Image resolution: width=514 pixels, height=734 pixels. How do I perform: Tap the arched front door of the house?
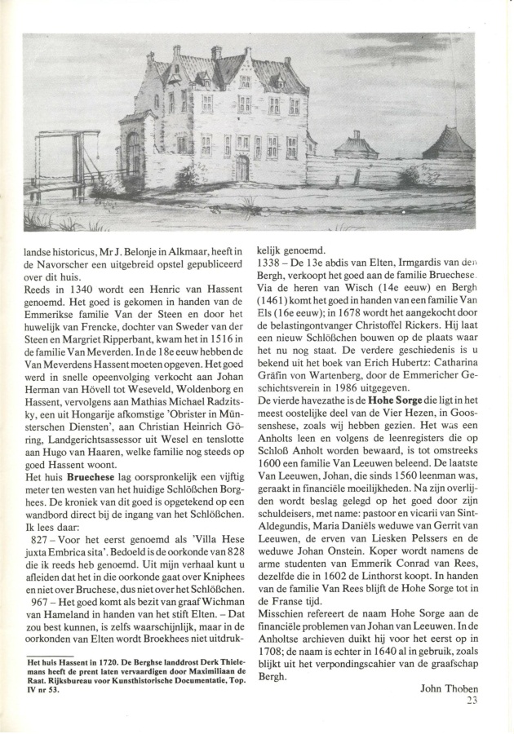coord(242,168)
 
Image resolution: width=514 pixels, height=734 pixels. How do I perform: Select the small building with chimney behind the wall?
coord(356,147)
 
